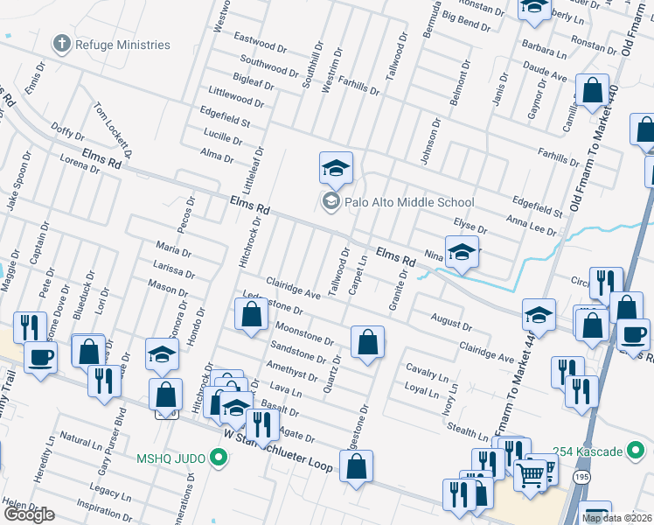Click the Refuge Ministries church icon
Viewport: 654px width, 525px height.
tap(61, 44)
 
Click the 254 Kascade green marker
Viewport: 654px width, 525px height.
tap(636, 451)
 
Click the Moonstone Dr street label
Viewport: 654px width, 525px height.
tap(304, 332)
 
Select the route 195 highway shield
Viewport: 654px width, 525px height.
tap(581, 478)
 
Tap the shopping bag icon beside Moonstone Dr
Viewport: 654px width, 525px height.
tap(367, 342)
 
